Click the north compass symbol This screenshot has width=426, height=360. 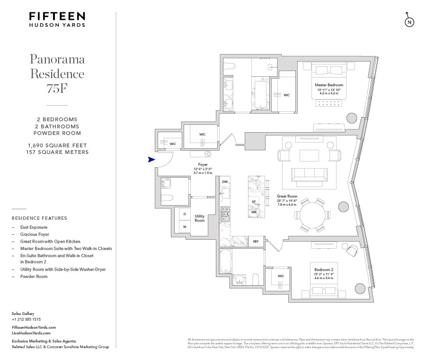coord(409,22)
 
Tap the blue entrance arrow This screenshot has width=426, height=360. coord(151,160)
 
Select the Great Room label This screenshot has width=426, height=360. coord(287,196)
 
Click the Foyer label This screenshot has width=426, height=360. coord(203,165)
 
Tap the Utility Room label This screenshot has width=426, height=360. coord(200,218)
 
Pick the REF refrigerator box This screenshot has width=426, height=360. coord(256,242)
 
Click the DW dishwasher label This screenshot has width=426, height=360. coord(225,182)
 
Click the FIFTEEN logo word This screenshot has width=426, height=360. coord(57,17)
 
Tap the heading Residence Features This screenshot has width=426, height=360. coord(39,218)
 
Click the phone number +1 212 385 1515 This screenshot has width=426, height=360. coord(26,319)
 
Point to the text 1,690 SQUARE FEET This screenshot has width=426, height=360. coord(57,145)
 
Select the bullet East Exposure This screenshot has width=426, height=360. coord(34,227)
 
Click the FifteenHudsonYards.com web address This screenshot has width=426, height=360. coord(34,327)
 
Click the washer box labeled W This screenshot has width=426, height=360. coord(184,226)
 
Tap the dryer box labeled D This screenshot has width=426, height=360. coord(184,214)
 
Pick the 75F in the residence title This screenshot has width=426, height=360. coord(57,88)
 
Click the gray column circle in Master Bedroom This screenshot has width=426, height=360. coord(352,118)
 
